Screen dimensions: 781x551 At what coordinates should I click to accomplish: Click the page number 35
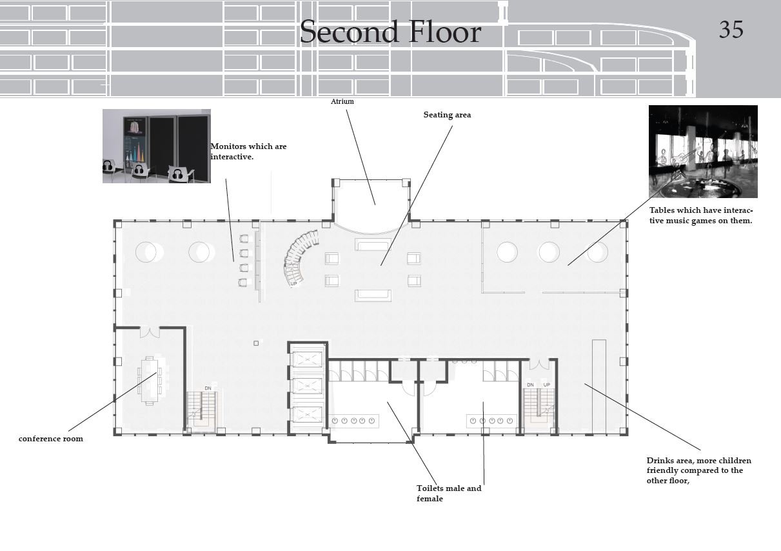point(731,30)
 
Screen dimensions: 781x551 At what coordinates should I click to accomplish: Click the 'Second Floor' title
point(391,32)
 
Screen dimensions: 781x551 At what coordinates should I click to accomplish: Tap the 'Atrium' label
point(342,101)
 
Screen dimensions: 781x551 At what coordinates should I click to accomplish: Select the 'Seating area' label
point(447,115)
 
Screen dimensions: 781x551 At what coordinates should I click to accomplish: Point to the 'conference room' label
point(51,439)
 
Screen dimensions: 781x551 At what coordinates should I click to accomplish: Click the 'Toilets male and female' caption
point(449,493)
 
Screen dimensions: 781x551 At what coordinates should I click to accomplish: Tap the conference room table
point(150,381)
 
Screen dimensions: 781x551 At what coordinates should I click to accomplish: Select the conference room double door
point(150,332)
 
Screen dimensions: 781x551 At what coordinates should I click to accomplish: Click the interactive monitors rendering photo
point(157,146)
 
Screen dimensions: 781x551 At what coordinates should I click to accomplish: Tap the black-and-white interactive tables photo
point(703,152)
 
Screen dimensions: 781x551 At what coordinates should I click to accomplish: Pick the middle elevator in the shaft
point(307,386)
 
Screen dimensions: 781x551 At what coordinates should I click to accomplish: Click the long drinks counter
point(599,386)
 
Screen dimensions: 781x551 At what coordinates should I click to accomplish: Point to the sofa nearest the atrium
point(373,245)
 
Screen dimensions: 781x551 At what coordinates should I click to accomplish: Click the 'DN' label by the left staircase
point(208,388)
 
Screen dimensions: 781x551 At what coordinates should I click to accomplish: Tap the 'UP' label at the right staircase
point(547,385)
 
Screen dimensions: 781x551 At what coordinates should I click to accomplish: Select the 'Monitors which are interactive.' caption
point(248,152)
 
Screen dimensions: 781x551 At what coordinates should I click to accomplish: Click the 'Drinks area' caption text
point(698,470)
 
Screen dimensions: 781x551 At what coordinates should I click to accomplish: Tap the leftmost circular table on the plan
point(146,252)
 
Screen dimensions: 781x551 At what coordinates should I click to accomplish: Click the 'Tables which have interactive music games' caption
point(701,215)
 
